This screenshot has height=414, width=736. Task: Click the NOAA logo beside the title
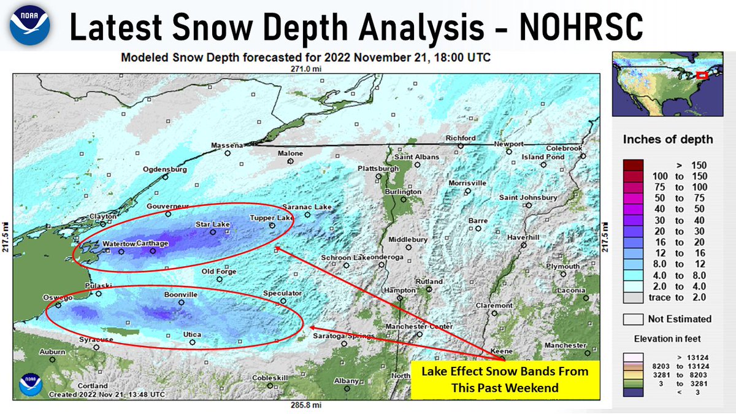click(29, 26)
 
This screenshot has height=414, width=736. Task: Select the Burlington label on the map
click(403, 192)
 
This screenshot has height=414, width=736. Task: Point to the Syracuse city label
click(96, 339)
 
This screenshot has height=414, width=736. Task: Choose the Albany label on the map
click(345, 381)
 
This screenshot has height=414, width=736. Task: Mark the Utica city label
click(193, 334)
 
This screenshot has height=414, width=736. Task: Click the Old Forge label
click(218, 271)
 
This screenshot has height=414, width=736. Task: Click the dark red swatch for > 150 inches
click(632, 166)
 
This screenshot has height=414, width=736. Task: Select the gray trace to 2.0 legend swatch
click(632, 297)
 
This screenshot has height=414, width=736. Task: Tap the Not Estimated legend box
click(632, 319)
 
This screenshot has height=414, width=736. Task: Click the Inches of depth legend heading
click(668, 139)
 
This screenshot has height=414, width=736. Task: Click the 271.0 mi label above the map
click(307, 69)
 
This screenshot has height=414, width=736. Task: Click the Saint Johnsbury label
click(527, 197)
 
